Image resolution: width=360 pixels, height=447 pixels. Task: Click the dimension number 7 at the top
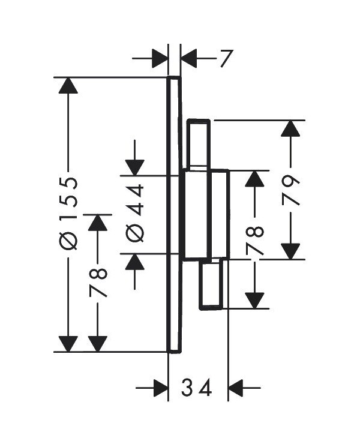pos(227,58)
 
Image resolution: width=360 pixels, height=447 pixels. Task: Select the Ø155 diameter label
pos(68,214)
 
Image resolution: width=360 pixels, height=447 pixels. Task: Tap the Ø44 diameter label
pos(134,213)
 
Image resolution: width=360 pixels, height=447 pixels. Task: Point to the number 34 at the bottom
pos(197,388)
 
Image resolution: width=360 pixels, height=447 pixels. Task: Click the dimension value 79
pos(290,190)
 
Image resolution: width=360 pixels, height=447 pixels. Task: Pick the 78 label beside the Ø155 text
pos(98,283)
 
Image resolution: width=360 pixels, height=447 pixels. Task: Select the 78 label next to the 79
pos(254,240)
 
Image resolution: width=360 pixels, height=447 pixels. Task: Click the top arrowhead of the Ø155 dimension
pos(68,85)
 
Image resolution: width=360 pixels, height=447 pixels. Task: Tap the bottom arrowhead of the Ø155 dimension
pos(68,344)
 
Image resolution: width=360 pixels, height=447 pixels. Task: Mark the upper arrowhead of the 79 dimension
pos(290,128)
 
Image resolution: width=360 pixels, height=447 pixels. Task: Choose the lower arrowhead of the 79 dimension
pos(290,251)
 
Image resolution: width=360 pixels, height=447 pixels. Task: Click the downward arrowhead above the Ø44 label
pos(134,167)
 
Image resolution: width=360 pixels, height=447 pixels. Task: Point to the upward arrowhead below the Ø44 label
pos(134,262)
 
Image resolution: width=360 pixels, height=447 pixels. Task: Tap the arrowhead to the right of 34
pos(236,388)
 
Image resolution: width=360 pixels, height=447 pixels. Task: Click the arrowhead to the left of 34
pos(160,388)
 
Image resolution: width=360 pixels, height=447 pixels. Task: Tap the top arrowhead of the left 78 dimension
pos(98,223)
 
